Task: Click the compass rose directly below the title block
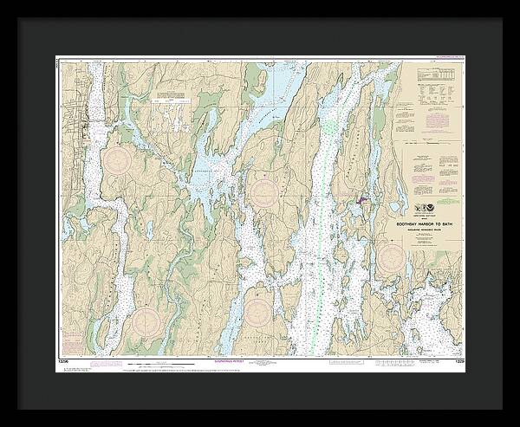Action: click(393, 256)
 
